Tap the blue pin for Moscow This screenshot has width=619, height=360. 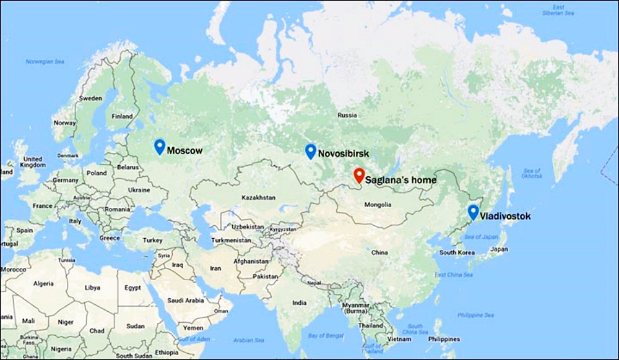coord(159,146)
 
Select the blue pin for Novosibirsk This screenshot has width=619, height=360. coord(311,151)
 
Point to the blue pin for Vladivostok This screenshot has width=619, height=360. coord(474,212)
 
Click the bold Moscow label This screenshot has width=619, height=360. coord(184,150)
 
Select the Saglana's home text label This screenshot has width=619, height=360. coord(400,181)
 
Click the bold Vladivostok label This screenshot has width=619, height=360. coord(505,216)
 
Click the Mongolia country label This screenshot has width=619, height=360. coord(378,205)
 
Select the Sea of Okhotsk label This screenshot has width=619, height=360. coord(532,174)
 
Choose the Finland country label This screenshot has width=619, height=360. coord(122,116)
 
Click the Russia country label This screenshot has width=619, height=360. coord(347,115)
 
